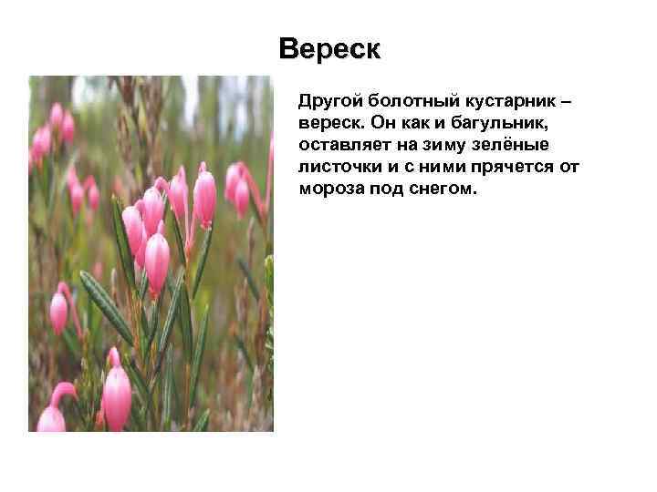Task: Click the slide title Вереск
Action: (328, 48)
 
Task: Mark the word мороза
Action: (329, 190)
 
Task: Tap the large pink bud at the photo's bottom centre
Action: (117, 397)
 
